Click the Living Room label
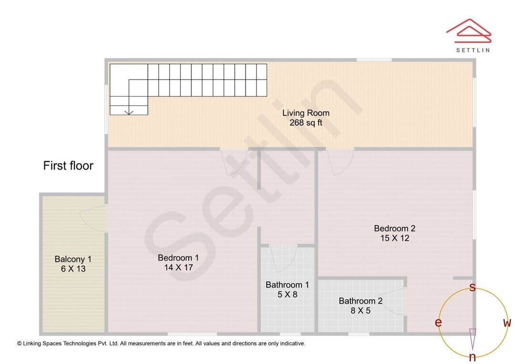306,113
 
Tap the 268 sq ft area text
306,123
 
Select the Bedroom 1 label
178,258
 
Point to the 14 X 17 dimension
178,267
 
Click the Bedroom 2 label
394,228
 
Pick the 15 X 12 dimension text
395,238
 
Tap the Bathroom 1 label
287,284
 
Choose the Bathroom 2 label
360,301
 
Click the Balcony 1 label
73,259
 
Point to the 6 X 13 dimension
73,269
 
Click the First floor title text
68,165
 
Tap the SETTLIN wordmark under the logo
473,50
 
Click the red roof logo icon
469,30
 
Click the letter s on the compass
473,287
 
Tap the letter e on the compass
438,323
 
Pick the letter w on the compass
507,323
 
